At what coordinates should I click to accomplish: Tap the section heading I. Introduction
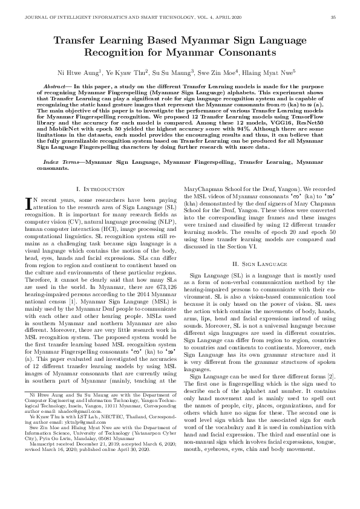coord(99,190)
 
